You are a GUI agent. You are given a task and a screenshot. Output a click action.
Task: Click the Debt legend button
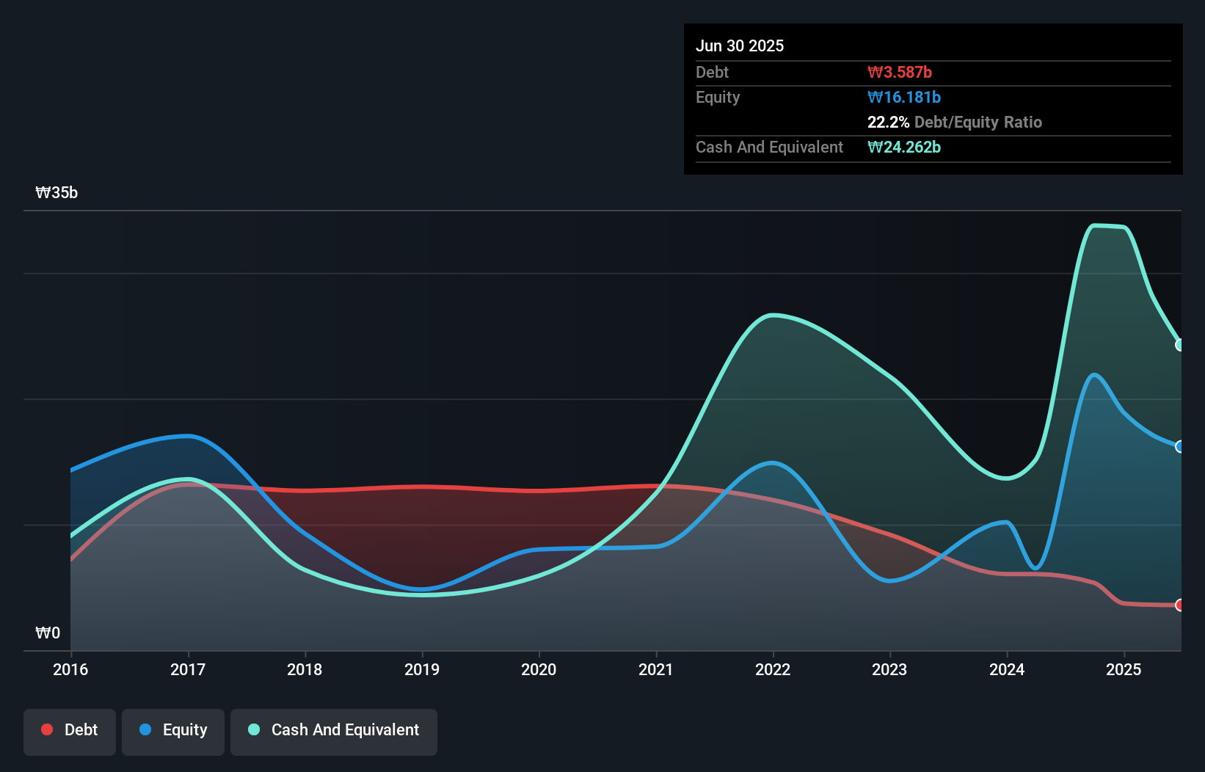tap(70, 730)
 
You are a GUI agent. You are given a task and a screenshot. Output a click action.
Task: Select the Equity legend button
tap(173, 730)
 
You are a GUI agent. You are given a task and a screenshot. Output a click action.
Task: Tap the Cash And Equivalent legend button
tap(334, 730)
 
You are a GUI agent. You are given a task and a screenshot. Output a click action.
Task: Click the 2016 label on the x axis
tap(70, 669)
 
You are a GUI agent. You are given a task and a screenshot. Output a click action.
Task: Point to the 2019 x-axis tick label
tap(422, 669)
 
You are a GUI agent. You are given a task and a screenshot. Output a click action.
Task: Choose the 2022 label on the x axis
tap(773, 669)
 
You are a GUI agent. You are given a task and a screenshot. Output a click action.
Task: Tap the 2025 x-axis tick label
tap(1124, 669)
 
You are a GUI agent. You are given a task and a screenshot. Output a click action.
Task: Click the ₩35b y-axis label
tap(57, 193)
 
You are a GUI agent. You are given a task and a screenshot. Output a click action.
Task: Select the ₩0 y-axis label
tap(48, 633)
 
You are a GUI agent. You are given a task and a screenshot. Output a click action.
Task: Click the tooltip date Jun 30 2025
tap(740, 45)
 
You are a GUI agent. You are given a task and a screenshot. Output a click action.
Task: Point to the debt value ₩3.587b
tap(900, 72)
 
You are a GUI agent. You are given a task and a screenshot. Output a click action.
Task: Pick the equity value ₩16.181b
tap(904, 97)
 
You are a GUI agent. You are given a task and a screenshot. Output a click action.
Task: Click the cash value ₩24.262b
tap(904, 147)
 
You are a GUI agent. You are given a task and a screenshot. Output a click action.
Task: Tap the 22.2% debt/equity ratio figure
tap(888, 122)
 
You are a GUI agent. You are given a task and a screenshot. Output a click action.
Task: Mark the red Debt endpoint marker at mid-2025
tap(1179, 605)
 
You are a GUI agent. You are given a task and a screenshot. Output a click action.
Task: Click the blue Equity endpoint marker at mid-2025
tap(1179, 446)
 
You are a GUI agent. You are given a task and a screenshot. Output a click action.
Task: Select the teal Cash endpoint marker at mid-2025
tap(1179, 345)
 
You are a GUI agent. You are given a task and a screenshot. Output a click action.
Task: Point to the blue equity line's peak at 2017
tap(189, 436)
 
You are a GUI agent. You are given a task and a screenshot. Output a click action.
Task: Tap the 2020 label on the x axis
tap(539, 669)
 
